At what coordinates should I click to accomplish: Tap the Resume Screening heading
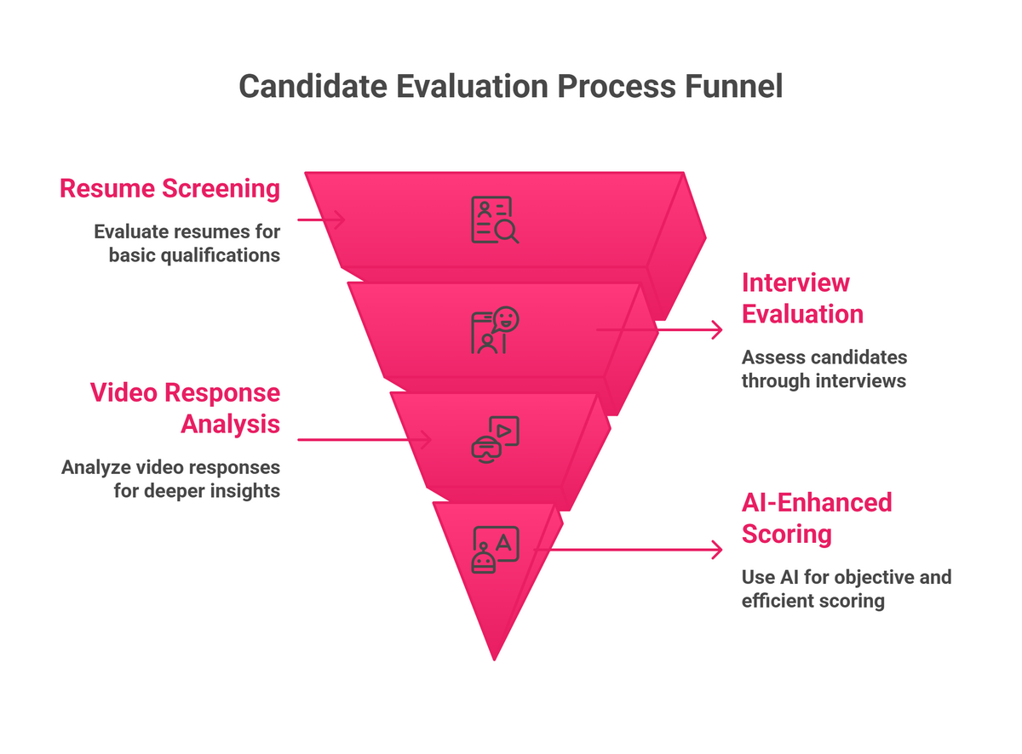point(169,188)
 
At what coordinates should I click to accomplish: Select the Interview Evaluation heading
point(802,298)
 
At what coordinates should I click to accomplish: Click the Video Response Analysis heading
point(185,408)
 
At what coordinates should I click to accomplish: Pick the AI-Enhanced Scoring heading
point(816,517)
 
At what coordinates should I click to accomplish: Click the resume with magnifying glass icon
point(494,220)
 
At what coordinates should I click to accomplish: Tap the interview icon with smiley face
point(495,330)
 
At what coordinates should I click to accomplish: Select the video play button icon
point(495,440)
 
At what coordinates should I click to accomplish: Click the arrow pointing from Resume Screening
point(321,220)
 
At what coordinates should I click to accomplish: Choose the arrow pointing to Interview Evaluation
point(658,329)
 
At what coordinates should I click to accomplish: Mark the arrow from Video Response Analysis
point(364,439)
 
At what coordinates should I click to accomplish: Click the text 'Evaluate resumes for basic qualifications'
point(187,243)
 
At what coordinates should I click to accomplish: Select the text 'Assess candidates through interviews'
point(824,368)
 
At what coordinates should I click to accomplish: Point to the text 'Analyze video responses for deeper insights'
point(170,478)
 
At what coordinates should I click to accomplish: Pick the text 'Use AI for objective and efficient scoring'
point(846,589)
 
